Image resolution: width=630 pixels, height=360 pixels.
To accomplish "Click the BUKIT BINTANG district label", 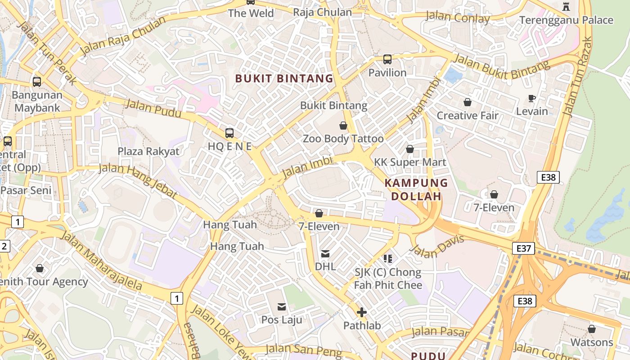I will click(284, 78).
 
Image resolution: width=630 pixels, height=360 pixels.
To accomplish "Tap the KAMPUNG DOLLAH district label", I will click(416, 189).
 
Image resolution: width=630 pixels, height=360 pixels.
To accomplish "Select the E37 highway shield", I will click(523, 248).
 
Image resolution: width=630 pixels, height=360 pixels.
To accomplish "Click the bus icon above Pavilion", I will click(387, 59).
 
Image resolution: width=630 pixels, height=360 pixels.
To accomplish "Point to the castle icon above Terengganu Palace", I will click(566, 6).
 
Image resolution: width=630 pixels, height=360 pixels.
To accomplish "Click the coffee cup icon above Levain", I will click(532, 98).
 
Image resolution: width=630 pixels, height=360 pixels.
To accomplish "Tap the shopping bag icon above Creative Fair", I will click(468, 103).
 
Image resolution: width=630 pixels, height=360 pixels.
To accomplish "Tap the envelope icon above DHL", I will click(325, 254).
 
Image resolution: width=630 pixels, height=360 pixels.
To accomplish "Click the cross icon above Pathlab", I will click(362, 312).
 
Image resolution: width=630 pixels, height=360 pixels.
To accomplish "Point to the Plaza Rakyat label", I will click(148, 151).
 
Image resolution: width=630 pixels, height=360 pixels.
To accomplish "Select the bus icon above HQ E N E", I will click(229, 133).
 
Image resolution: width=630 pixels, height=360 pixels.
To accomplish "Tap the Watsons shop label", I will click(592, 342).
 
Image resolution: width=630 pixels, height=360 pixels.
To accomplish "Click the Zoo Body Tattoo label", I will click(343, 139).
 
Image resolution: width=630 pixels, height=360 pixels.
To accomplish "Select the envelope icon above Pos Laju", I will click(282, 307).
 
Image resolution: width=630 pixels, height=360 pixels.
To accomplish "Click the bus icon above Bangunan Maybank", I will click(37, 82).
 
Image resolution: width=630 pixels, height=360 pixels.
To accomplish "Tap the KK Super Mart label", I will click(410, 162).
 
